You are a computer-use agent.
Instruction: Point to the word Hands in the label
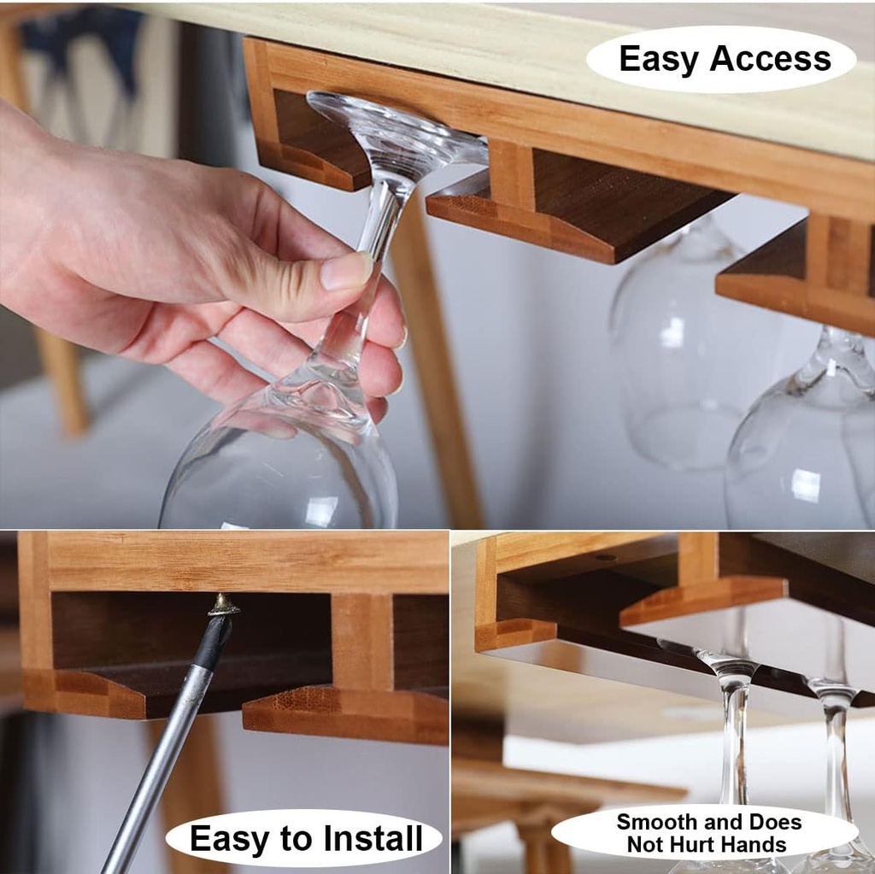pos(753,845)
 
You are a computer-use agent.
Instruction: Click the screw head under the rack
pos(224,605)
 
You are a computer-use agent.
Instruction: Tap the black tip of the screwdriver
pos(213,641)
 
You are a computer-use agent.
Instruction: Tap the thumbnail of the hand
pos(345,272)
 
